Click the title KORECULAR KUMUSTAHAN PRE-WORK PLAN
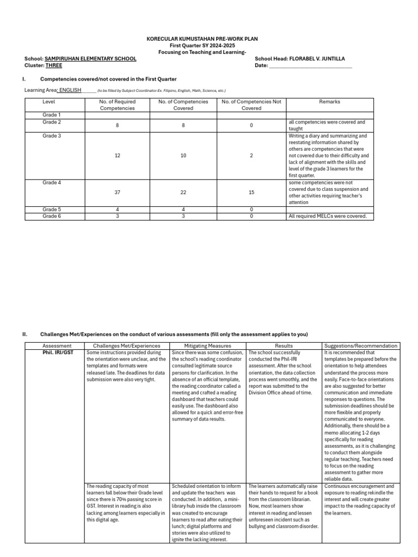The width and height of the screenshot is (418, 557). (x=202, y=39)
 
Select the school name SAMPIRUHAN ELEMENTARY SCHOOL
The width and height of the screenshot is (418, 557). (x=90, y=59)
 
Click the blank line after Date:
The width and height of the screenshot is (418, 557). (x=311, y=66)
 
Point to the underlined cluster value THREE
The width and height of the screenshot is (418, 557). (x=54, y=65)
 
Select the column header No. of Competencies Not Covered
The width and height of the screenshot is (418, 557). (x=251, y=104)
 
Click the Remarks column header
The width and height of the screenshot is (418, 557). (x=330, y=102)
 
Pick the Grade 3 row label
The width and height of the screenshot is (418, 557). (x=52, y=136)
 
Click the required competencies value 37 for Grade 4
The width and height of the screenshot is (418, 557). (x=118, y=192)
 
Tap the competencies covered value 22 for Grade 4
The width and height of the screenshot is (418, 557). (x=183, y=192)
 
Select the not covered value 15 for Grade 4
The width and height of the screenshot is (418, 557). (x=251, y=192)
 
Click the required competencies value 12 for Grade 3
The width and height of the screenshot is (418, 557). (x=118, y=156)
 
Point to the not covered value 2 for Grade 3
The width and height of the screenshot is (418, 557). (x=251, y=156)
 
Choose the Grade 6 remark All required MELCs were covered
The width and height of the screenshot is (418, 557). (x=327, y=216)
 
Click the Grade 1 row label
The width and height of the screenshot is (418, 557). (x=52, y=115)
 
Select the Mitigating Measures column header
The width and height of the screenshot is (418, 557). (x=207, y=345)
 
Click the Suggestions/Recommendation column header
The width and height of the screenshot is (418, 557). (x=361, y=345)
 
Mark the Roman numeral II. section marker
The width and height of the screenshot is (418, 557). (x=25, y=334)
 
